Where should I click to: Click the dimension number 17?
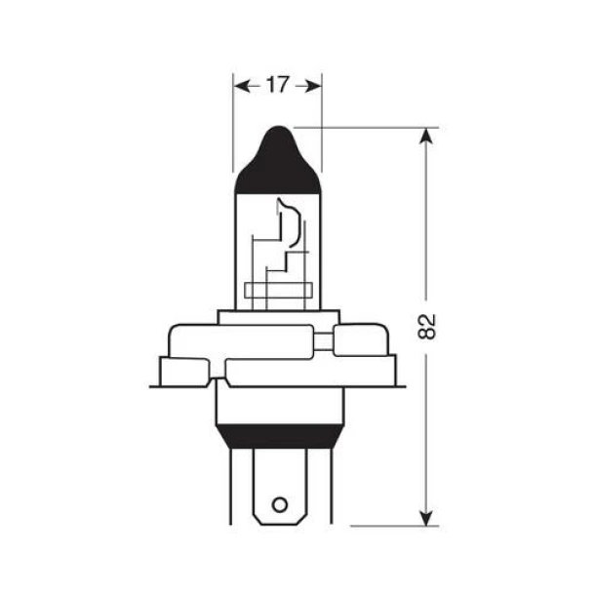click(x=277, y=85)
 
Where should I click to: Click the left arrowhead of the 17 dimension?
click(x=240, y=85)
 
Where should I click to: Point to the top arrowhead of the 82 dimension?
click(x=424, y=136)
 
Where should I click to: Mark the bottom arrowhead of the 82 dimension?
click(x=424, y=517)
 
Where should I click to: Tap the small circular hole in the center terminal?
click(x=279, y=504)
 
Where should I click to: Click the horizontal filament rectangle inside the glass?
click(x=278, y=289)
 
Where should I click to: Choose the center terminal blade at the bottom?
click(x=279, y=488)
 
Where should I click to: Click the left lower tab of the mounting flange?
click(x=183, y=372)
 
